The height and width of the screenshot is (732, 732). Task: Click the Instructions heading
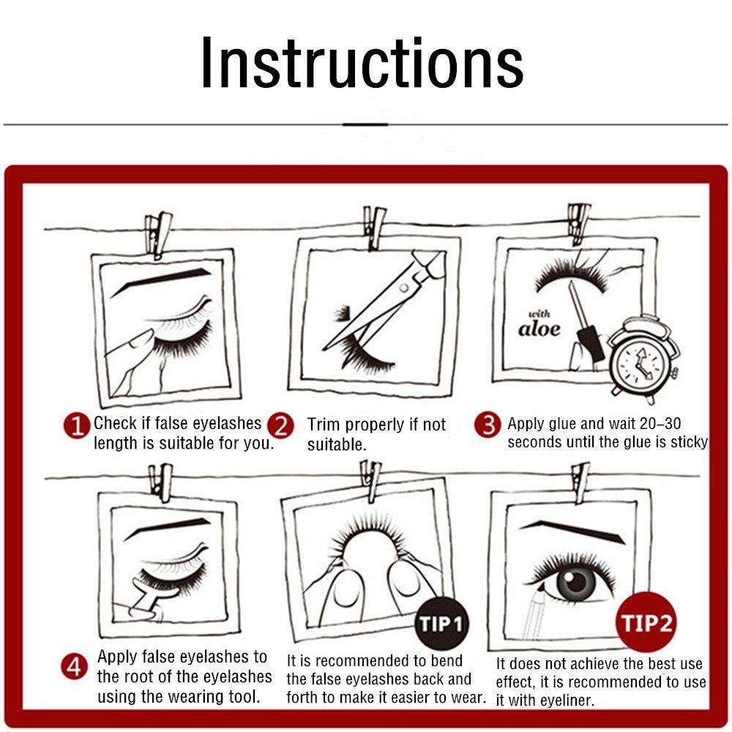click(362, 62)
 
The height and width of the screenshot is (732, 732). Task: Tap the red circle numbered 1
click(77, 426)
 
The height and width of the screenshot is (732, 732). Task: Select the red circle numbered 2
click(281, 426)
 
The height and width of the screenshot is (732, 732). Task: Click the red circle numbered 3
click(488, 425)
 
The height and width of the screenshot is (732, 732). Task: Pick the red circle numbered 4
click(74, 666)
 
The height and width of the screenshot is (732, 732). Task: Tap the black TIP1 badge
click(440, 624)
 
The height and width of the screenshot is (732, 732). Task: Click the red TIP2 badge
click(647, 622)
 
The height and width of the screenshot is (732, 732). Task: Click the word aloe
click(539, 329)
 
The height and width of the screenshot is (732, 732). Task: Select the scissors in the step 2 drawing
click(386, 299)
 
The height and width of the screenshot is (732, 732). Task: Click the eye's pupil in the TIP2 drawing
click(577, 582)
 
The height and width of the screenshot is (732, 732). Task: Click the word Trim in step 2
click(324, 425)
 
